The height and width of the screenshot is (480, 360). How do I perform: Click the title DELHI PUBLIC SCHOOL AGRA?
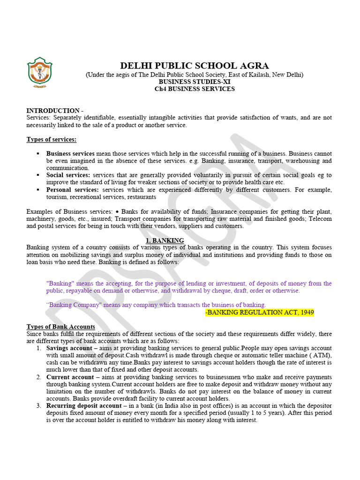195,66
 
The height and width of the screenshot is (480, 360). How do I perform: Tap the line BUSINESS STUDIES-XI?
195,82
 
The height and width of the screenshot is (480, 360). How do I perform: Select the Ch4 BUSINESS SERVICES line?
195,89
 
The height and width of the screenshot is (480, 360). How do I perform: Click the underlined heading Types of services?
51,139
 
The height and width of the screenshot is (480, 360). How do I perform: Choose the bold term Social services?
68,175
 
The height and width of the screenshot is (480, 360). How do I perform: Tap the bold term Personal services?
72,190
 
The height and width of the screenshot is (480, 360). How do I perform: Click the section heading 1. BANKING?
165,240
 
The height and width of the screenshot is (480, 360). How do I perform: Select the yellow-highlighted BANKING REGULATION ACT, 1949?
260,312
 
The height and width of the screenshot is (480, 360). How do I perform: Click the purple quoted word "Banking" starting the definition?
58,284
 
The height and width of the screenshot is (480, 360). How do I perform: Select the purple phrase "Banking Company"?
72,305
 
